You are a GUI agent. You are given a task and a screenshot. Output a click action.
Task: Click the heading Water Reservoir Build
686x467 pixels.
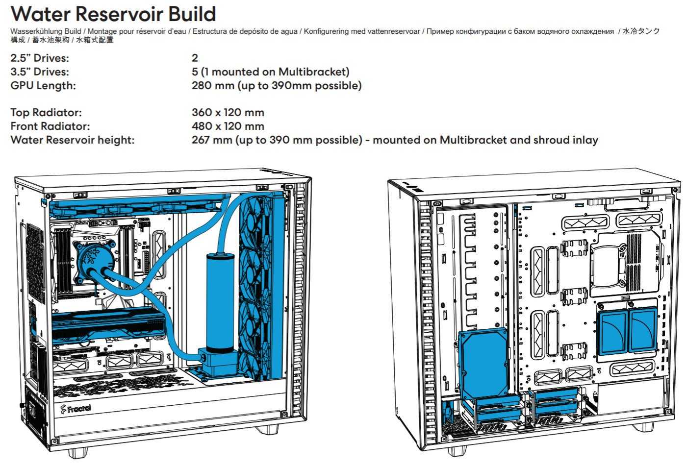click(113, 14)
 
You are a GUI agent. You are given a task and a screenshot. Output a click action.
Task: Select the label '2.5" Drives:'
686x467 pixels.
click(40, 58)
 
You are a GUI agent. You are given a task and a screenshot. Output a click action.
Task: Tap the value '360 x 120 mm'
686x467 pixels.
click(228, 113)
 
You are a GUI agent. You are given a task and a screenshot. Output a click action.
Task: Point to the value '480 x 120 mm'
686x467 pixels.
click(228, 126)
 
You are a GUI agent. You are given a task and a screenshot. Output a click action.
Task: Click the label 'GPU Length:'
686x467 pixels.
click(43, 86)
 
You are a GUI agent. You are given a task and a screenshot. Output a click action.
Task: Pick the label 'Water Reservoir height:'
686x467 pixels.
click(72, 140)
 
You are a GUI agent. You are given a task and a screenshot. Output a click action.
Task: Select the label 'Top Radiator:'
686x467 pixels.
click(46, 113)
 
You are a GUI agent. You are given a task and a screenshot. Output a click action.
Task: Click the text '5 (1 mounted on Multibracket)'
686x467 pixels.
click(270, 72)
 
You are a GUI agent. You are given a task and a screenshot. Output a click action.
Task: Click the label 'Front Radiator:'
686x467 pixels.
click(50, 126)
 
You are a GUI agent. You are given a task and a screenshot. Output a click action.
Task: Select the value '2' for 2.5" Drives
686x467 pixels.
click(195, 58)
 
